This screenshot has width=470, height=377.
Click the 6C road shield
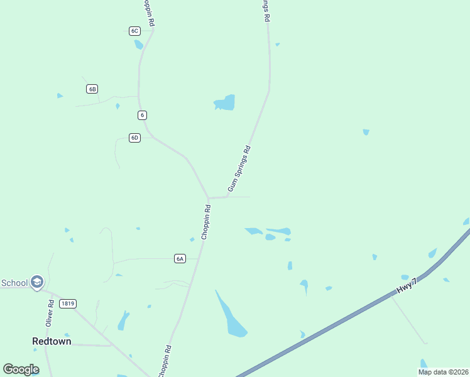[x=134, y=31]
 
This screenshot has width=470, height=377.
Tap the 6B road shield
[x=92, y=89]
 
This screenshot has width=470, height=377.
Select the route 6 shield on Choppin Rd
[x=143, y=115]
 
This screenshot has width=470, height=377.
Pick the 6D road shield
[x=134, y=138]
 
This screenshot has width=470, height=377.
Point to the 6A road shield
[x=180, y=258]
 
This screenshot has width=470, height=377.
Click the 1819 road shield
[x=68, y=303]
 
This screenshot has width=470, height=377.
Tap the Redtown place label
[x=52, y=341]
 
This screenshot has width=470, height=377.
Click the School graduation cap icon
[x=37, y=283]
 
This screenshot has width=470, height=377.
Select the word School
[x=14, y=283]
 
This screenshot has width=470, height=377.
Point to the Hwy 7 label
[x=407, y=285]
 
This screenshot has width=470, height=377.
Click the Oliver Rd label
[x=50, y=312]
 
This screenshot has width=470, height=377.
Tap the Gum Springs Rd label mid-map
[x=239, y=168]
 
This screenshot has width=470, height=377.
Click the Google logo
[x=21, y=369]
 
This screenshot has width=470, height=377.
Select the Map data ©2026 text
[x=442, y=372]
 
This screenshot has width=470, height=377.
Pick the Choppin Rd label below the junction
[x=205, y=222]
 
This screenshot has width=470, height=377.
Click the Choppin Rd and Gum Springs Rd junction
[x=208, y=198]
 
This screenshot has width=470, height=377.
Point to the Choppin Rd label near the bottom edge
[x=165, y=361]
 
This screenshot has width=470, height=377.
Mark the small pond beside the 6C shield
[x=138, y=45]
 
